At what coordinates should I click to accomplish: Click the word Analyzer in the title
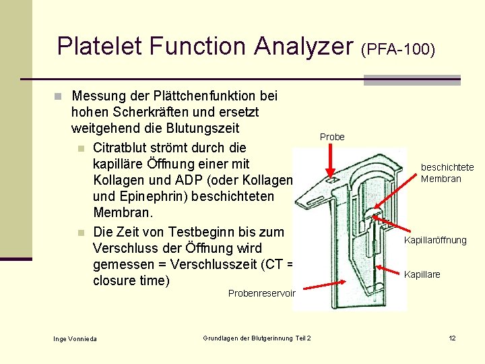(x=304, y=46)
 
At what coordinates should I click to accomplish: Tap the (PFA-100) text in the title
(x=398, y=49)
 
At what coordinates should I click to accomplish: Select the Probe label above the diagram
(x=332, y=137)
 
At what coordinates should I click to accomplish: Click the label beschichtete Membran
(x=447, y=173)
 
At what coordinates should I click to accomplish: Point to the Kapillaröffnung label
(x=435, y=241)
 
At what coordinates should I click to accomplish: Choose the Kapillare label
(x=422, y=274)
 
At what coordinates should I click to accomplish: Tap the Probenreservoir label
(x=261, y=293)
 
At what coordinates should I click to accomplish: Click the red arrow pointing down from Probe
(x=330, y=162)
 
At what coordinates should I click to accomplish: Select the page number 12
(x=453, y=338)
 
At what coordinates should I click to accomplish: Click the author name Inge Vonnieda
(x=75, y=338)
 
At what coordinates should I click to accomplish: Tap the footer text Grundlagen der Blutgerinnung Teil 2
(x=257, y=338)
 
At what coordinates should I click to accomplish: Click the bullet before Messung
(x=59, y=96)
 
